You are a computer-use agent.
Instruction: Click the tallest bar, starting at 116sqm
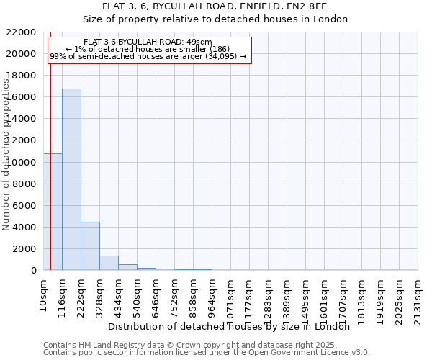[71, 179]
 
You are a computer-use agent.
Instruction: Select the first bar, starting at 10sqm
[53, 212]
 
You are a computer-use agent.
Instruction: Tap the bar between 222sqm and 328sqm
[90, 246]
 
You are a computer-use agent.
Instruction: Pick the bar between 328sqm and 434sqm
[109, 263]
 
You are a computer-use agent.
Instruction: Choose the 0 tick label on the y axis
[34, 270]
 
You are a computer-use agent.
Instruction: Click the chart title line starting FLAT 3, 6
[215, 6]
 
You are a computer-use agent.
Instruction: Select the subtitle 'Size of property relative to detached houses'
[215, 19]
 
